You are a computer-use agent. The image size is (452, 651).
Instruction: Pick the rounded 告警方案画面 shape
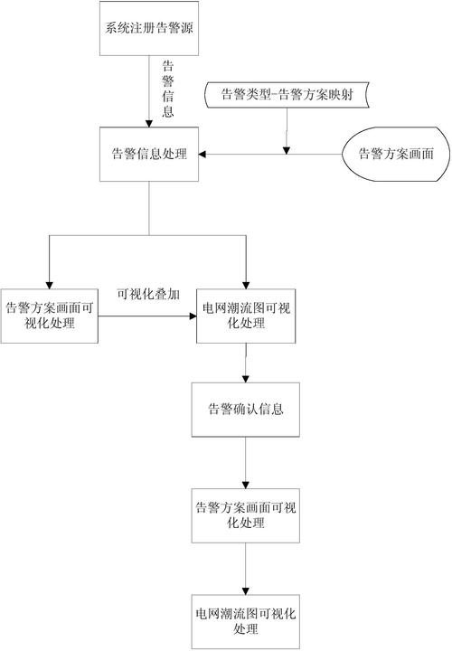(396, 154)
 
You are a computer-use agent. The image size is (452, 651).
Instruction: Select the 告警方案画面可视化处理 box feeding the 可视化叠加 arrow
(50, 316)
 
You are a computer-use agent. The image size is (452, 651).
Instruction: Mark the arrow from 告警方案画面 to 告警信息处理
(271, 155)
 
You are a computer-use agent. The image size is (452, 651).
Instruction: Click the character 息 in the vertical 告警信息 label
(167, 113)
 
